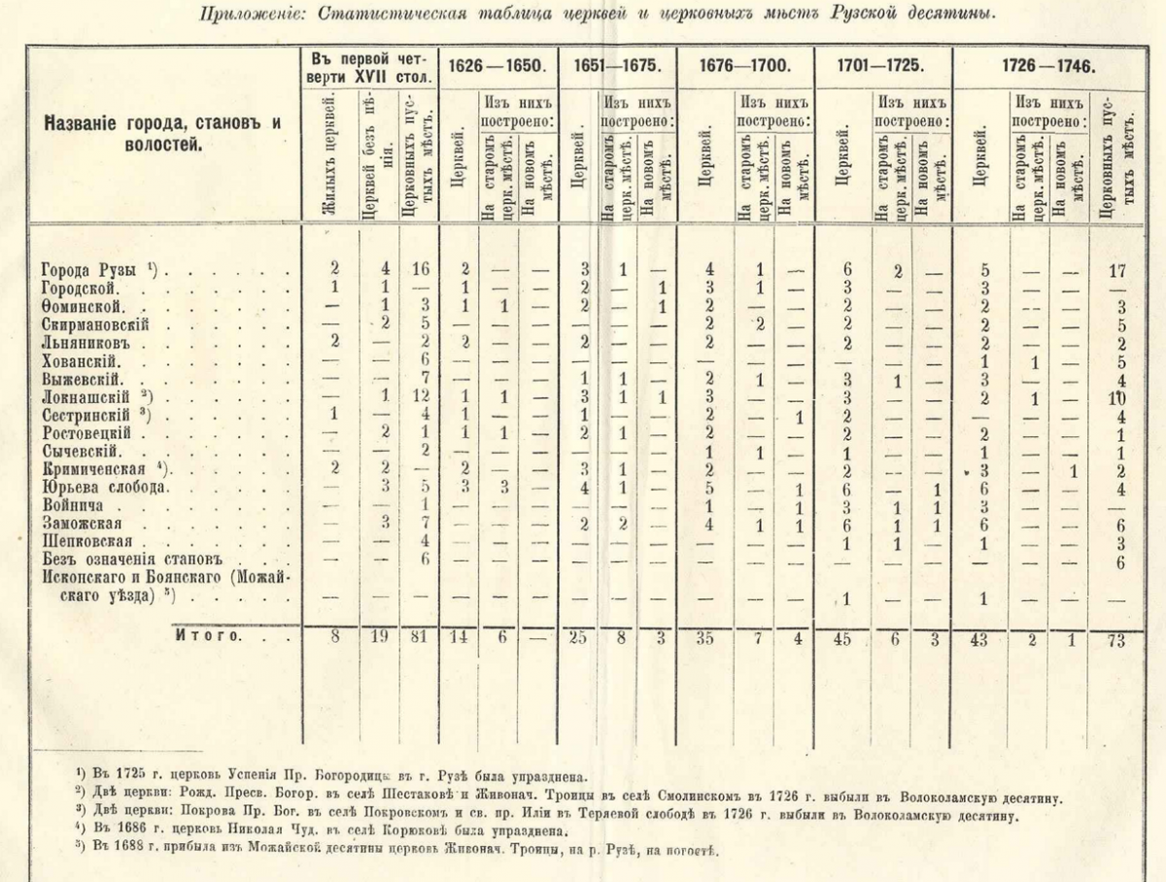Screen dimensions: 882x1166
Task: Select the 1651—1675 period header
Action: [617, 68]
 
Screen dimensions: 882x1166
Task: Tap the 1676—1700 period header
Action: [745, 68]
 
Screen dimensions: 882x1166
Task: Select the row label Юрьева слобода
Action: [93, 488]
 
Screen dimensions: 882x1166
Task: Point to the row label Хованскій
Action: [82, 360]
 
